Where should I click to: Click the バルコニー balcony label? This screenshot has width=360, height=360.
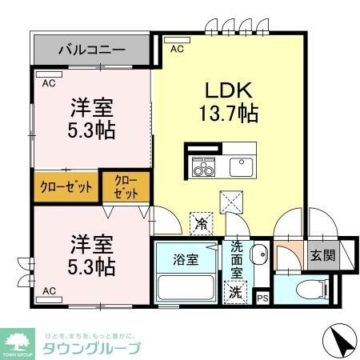tap(92, 50)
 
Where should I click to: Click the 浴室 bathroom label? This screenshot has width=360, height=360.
tap(183, 258)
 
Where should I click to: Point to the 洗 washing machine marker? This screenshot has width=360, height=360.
tap(238, 292)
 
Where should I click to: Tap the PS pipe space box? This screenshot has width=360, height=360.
tap(262, 298)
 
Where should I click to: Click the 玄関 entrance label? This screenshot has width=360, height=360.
tap(322, 257)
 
